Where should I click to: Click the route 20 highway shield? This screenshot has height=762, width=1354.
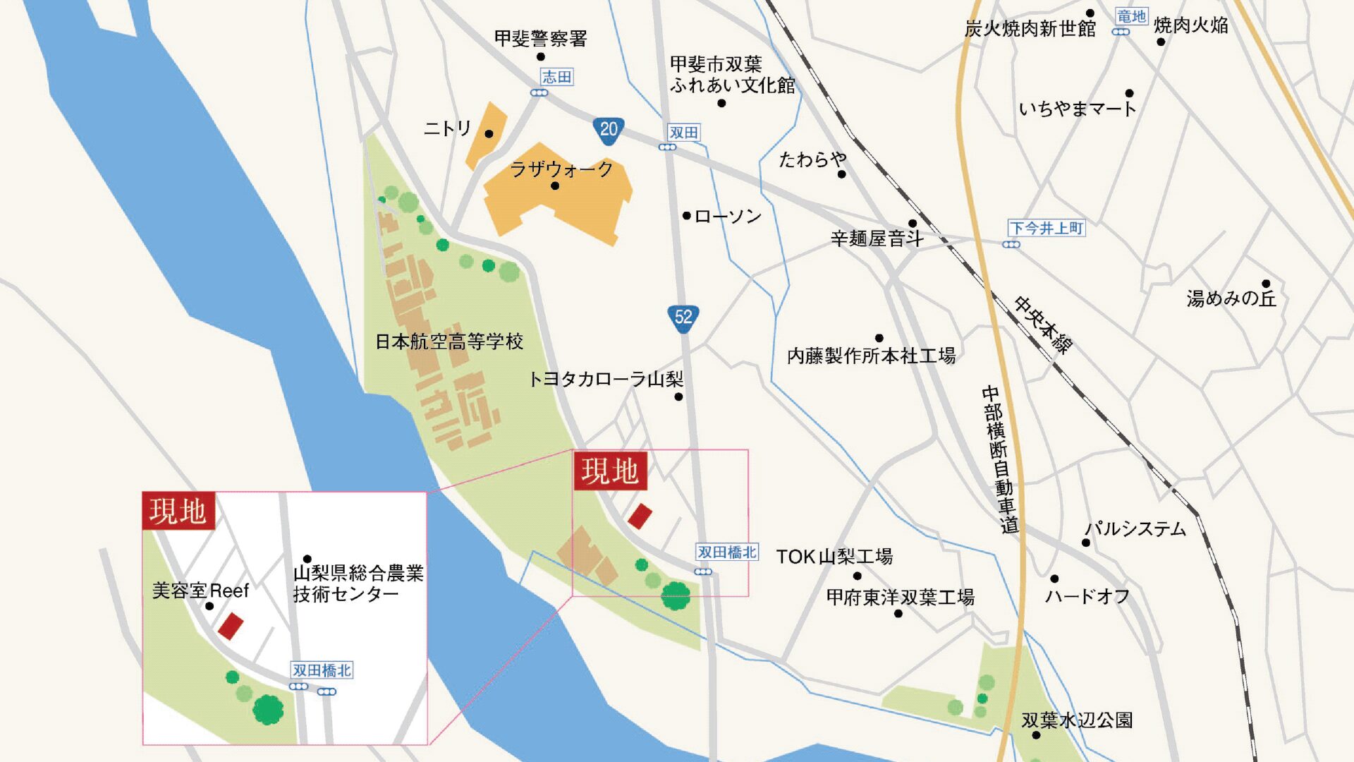tap(608, 130)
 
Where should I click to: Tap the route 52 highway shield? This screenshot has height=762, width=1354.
tap(683, 317)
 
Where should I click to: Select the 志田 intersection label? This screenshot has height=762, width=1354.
tap(556, 77)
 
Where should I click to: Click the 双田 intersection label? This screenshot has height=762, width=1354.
tap(683, 133)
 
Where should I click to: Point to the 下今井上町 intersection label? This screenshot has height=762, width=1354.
tap(1047, 228)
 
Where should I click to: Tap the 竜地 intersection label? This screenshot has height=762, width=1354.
tap(1132, 16)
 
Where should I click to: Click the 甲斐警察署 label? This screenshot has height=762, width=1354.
tap(540, 38)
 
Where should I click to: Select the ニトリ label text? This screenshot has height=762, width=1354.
tap(447, 128)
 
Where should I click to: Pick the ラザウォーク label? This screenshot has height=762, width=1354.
tap(561, 169)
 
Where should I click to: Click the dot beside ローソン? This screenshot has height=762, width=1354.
tap(686, 215)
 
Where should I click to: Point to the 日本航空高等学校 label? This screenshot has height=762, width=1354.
tap(449, 342)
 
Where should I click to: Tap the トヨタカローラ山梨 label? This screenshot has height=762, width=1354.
tap(606, 380)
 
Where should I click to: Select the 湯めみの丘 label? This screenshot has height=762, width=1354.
tap(1231, 298)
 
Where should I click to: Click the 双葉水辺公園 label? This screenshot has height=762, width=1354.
tap(1077, 720)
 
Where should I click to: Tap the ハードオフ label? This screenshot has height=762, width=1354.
tap(1087, 597)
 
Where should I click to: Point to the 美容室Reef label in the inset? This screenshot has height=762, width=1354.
tap(201, 591)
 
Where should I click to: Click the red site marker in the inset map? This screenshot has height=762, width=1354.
tap(231, 626)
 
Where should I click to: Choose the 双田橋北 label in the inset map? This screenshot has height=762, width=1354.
tap(322, 670)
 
